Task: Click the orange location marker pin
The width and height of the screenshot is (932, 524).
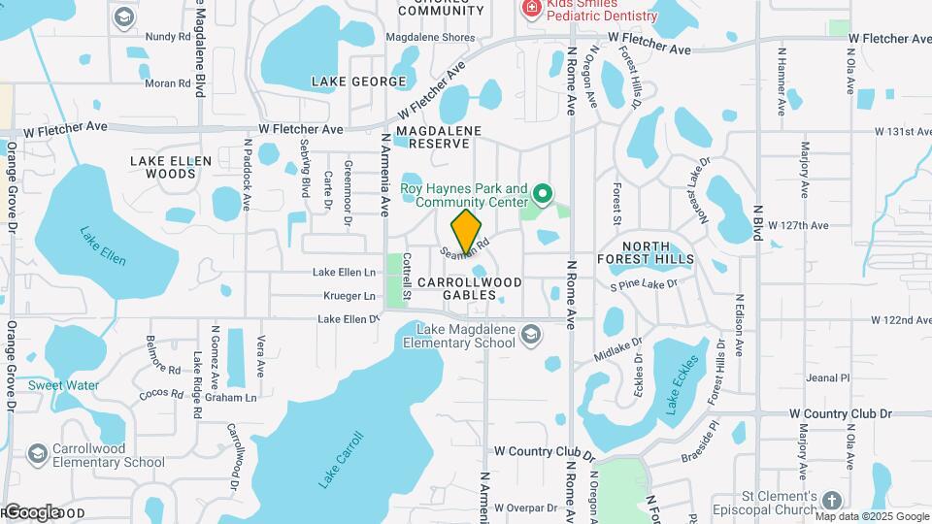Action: pyautogui.click(x=467, y=232)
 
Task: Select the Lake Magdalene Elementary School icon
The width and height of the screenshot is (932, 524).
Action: pyautogui.click(x=530, y=336)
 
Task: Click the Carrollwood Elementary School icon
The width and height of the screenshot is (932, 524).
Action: pyautogui.click(x=38, y=454)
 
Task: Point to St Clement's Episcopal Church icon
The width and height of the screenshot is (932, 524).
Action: pyautogui.click(x=831, y=501)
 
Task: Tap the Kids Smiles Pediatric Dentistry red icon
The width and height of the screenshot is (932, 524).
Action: pyautogui.click(x=531, y=9)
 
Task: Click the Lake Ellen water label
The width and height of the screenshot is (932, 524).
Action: pyautogui.click(x=103, y=246)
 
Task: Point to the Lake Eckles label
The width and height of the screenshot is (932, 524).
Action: pyautogui.click(x=683, y=389)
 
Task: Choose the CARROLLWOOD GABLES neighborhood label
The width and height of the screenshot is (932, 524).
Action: pyautogui.click(x=469, y=288)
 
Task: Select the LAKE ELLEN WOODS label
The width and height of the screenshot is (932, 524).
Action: pyautogui.click(x=171, y=167)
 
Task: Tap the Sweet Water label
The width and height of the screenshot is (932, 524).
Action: pyautogui.click(x=63, y=385)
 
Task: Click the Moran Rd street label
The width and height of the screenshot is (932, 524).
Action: pyautogui.click(x=167, y=83)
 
